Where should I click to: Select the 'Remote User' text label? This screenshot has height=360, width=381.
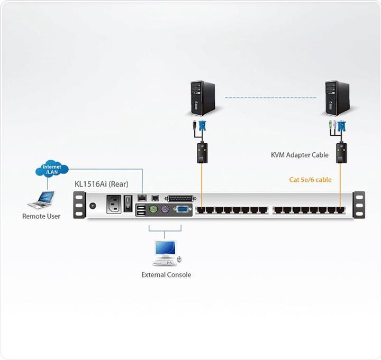pyautogui.click(x=41, y=216)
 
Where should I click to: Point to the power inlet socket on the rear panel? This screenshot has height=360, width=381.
pyautogui.click(x=115, y=204)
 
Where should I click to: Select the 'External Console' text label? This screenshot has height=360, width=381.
pyautogui.click(x=166, y=275)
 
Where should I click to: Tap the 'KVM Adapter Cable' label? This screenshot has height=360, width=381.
pyautogui.click(x=300, y=155)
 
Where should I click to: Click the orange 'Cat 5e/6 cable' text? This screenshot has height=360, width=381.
pyautogui.click(x=310, y=180)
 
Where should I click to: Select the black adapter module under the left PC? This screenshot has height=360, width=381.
pyautogui.click(x=201, y=152)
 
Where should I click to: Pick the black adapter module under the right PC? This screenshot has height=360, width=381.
pyautogui.click(x=341, y=152)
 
